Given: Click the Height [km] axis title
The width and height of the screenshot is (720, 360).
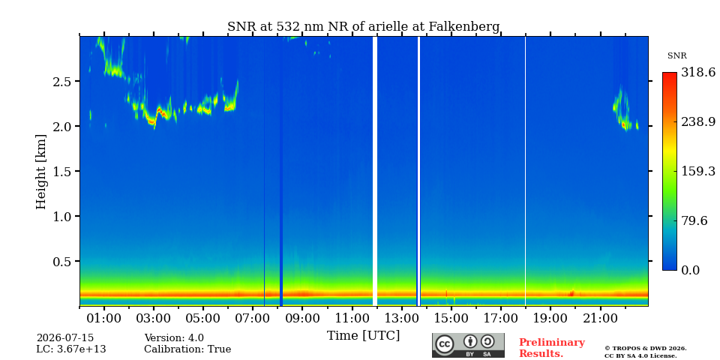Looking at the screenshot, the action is pyautogui.click(x=41, y=171).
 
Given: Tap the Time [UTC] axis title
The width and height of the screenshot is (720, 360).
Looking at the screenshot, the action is pyautogui.click(x=363, y=336).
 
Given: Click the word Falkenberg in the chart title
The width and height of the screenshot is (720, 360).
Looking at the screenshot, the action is pyautogui.click(x=464, y=27).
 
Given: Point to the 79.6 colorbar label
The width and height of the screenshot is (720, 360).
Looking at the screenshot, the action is pyautogui.click(x=694, y=220).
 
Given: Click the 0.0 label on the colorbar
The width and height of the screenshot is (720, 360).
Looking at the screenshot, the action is pyautogui.click(x=690, y=270).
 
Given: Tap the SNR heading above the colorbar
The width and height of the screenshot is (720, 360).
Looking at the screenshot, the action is pyautogui.click(x=676, y=56).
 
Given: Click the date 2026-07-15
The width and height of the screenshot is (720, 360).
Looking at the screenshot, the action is pyautogui.click(x=64, y=338).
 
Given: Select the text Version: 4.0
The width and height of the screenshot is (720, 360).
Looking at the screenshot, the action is pyautogui.click(x=174, y=338).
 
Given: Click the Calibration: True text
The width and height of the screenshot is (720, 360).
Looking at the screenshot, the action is pyautogui.click(x=187, y=349).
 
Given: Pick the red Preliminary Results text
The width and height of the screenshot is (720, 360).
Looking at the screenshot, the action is pyautogui.click(x=552, y=348).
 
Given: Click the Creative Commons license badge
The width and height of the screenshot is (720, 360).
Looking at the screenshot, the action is pyautogui.click(x=468, y=345).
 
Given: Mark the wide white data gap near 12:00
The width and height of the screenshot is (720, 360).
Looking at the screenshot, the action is pyautogui.click(x=375, y=171).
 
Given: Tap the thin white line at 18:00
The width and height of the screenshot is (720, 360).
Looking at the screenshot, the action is pyautogui.click(x=525, y=171).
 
